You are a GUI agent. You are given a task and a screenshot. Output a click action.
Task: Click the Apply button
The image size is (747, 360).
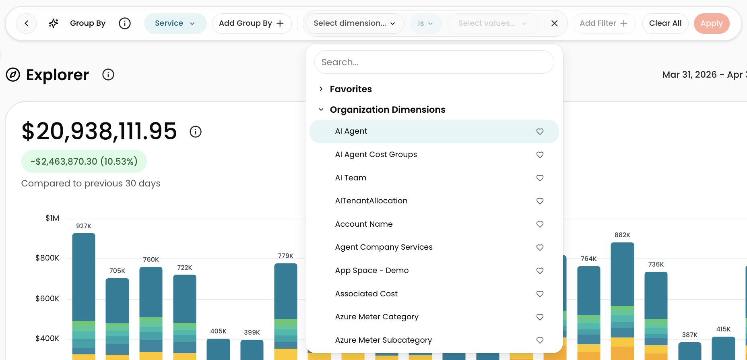(x=711, y=23)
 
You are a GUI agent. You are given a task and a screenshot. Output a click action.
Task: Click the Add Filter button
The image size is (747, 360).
(x=604, y=23)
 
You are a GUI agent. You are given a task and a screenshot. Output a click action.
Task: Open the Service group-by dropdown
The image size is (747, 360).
(x=175, y=23)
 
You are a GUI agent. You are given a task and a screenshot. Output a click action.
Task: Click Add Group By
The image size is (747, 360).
(x=252, y=23)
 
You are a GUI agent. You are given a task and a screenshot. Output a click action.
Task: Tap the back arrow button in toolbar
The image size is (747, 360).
(x=27, y=23)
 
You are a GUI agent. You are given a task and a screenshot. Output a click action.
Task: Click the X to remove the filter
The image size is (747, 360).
(x=554, y=23)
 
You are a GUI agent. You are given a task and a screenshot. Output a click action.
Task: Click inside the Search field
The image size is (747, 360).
(x=434, y=62)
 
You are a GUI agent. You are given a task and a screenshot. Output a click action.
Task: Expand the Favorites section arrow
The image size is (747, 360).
(x=321, y=89)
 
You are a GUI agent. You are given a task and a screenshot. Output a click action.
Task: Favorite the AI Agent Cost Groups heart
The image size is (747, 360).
(x=540, y=155)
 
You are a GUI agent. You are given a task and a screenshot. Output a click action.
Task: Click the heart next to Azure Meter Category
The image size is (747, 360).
(x=540, y=317)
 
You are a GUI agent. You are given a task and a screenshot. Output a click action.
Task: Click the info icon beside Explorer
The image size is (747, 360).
(x=108, y=74)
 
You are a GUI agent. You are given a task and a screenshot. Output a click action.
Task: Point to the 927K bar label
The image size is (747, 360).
(x=84, y=226)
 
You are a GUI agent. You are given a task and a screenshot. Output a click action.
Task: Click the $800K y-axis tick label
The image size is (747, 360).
(x=47, y=258)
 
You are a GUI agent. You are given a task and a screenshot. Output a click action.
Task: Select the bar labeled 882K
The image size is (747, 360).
(x=622, y=301)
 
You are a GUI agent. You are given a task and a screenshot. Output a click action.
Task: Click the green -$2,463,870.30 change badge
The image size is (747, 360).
(x=84, y=161)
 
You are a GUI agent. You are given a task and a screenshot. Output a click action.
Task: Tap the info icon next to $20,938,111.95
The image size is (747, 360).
(x=196, y=132)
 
